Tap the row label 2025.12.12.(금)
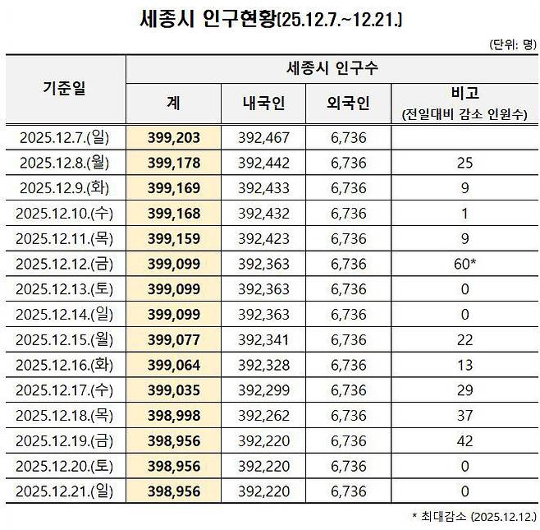[65, 263]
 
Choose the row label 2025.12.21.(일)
[65, 492]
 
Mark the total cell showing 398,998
[174, 416]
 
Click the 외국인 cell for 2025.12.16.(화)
[348, 365]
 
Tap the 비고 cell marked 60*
[465, 263]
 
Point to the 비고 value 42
[465, 441]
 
